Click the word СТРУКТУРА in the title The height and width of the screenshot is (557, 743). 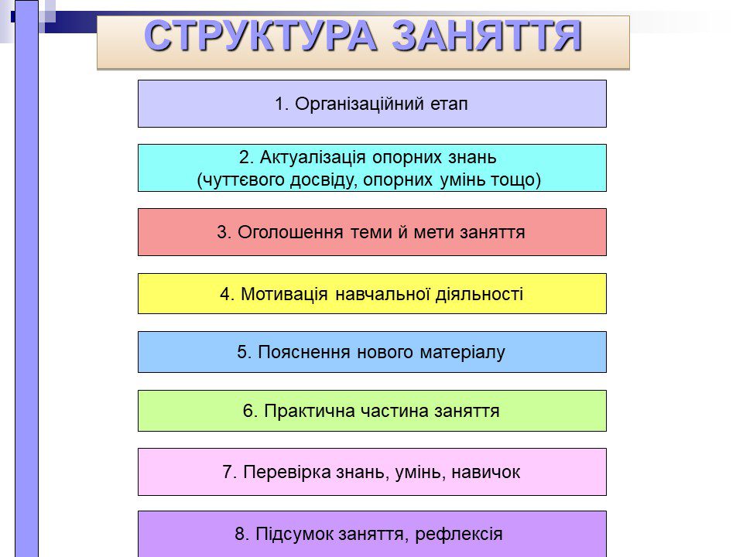[x=260, y=36]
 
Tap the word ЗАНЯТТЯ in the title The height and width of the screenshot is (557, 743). [x=487, y=36]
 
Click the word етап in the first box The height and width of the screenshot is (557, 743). [x=449, y=104]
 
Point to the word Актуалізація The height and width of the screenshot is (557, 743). [x=313, y=158]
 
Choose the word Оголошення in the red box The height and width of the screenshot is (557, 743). [x=290, y=233]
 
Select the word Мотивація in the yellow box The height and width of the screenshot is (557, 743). [x=284, y=294]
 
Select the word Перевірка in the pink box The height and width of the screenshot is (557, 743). [x=286, y=472]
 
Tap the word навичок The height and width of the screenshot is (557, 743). [x=486, y=472]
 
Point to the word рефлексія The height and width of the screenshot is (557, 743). [x=459, y=535]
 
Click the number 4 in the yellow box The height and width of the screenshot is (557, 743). [x=225, y=294]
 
